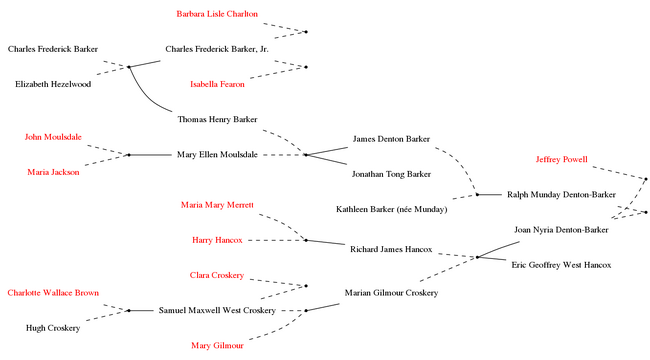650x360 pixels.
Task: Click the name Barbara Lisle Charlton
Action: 217,14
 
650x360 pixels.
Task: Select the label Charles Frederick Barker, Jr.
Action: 217,49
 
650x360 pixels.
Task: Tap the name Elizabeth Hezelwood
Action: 53,84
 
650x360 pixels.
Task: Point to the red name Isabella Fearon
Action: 217,84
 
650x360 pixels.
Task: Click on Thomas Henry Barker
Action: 217,119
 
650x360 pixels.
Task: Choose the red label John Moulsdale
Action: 53,137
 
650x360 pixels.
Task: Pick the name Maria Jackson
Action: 53,172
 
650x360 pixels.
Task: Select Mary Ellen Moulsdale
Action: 217,155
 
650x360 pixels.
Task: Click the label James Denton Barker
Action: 391,139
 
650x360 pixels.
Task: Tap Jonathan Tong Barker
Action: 391,174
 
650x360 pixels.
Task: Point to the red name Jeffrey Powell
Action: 561,159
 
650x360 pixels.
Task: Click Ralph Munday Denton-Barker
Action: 561,195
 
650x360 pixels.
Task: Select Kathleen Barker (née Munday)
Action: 391,209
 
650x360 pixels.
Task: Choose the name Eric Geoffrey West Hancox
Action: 561,265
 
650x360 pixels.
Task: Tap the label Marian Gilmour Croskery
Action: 391,293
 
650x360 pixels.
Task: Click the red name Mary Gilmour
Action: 217,345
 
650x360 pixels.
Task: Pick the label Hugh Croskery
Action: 53,328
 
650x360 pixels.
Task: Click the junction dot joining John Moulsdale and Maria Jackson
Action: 129,155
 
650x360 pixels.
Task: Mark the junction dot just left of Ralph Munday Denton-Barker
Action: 478,195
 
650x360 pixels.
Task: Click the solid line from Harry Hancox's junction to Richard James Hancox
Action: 325,242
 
